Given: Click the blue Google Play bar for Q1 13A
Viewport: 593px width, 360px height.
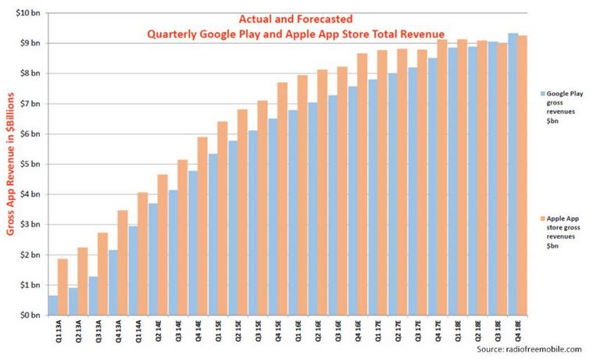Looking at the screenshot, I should click(x=52, y=305).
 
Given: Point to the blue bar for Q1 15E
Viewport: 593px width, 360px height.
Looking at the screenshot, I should click(x=213, y=234).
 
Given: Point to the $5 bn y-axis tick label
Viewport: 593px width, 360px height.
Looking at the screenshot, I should click(x=30, y=164).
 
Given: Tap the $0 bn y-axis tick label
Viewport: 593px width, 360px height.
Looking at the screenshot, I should click(x=30, y=315).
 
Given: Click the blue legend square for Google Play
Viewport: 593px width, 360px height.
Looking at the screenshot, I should click(x=541, y=92).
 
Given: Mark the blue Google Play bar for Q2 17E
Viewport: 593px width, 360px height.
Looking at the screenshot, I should click(x=392, y=194).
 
